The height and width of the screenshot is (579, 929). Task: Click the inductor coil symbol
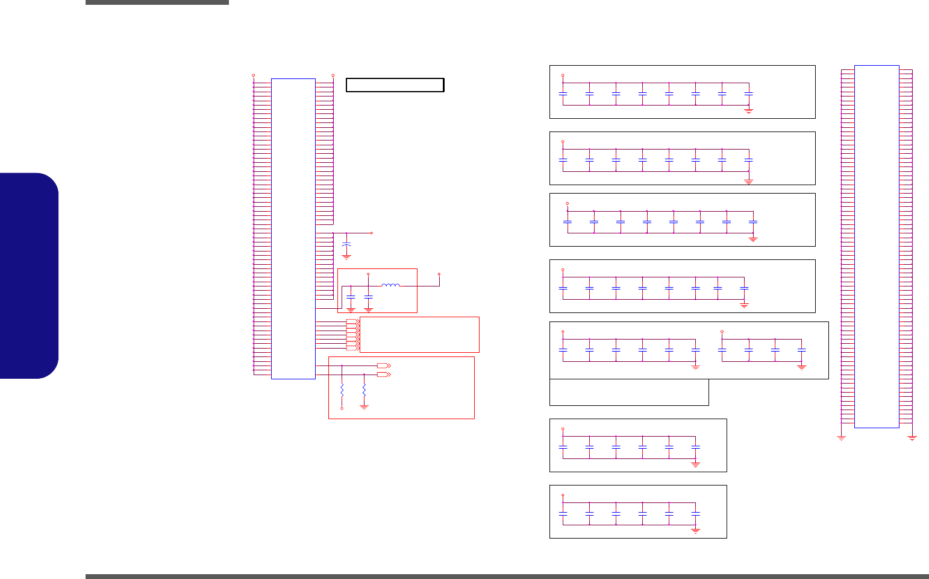coord(390,285)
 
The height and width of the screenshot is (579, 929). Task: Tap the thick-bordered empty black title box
coord(395,85)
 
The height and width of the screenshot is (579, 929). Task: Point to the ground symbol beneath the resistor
coord(364,407)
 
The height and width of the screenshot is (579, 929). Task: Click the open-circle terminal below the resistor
coord(342,408)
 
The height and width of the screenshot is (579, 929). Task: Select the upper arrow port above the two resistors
coord(383,365)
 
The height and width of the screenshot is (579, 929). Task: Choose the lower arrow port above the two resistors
coord(383,375)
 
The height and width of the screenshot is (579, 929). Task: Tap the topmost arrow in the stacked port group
coord(352,321)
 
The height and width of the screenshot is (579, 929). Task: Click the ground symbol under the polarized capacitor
coord(346,257)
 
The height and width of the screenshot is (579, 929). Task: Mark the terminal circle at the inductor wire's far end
coord(439,274)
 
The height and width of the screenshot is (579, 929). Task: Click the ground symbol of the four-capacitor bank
coord(801,366)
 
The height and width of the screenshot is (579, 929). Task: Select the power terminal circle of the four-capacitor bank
coord(722,332)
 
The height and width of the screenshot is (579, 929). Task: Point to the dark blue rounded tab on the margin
coord(30,276)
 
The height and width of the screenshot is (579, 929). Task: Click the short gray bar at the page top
coord(157,2)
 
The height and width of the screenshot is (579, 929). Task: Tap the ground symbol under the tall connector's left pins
coord(842,438)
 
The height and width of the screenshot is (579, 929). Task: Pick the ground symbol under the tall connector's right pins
coord(912,438)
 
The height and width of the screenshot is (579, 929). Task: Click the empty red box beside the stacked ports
coord(419,334)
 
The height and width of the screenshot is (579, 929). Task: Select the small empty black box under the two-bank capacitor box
coord(629,393)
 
